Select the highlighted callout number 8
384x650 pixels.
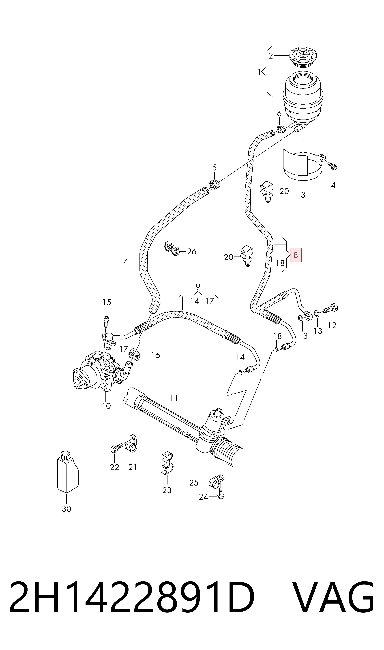coord(296,255)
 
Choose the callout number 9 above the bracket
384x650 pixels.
coord(198,286)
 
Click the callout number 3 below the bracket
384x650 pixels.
coord(303,195)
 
